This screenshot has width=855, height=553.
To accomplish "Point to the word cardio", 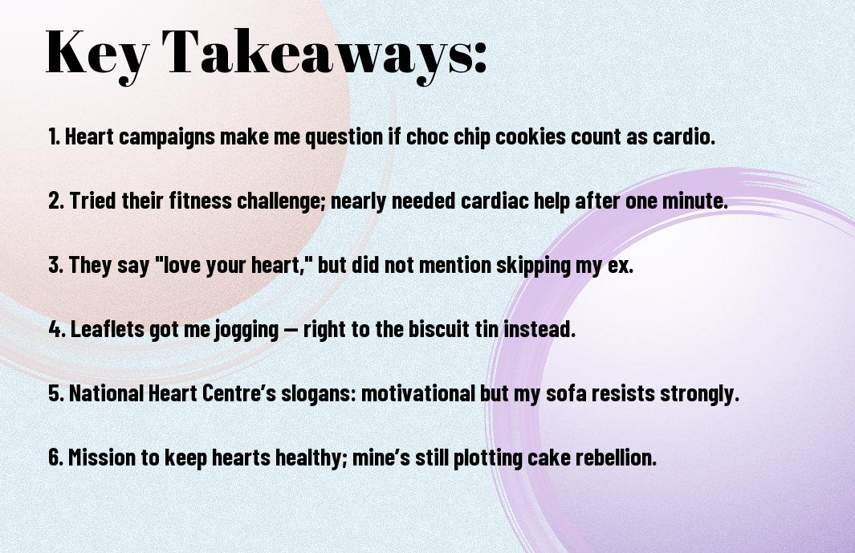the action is point(684,136).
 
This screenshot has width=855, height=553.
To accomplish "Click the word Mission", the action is point(102,457).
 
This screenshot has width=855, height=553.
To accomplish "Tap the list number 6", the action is point(56,457).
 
